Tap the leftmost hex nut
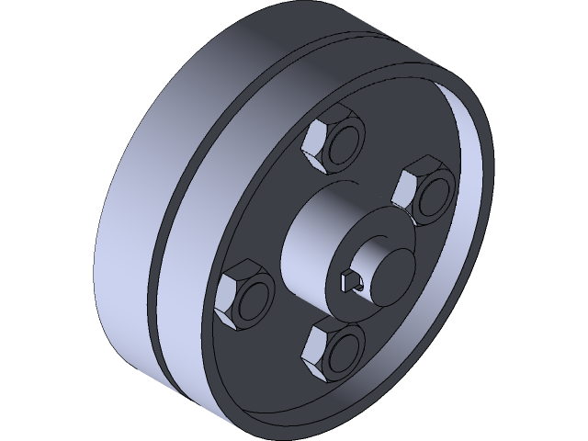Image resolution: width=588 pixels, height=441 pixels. [244, 295]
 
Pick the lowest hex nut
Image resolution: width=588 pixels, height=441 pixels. [334, 349]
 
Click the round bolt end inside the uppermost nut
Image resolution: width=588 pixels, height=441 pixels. [343, 144]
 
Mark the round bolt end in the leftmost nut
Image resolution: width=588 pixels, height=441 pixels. [254, 300]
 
